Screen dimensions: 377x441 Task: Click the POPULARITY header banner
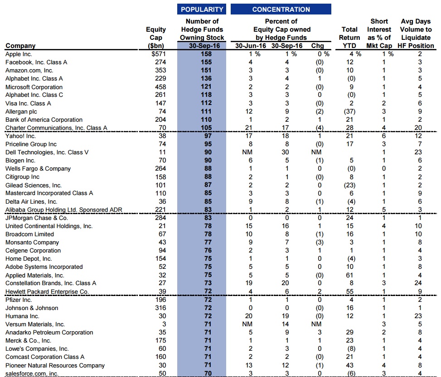202,9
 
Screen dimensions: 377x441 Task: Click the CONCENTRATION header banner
281,9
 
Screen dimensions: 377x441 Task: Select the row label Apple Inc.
19,54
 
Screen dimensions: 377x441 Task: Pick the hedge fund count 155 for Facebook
202,62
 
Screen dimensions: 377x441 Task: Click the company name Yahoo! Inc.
21,136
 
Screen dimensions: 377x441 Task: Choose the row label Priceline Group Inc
31,144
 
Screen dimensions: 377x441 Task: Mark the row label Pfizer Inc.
19,300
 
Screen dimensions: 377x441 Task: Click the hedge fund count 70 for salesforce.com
202,373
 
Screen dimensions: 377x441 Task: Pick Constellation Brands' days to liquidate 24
418,283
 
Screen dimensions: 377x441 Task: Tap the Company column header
20,46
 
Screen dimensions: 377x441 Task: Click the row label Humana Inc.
22,316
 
